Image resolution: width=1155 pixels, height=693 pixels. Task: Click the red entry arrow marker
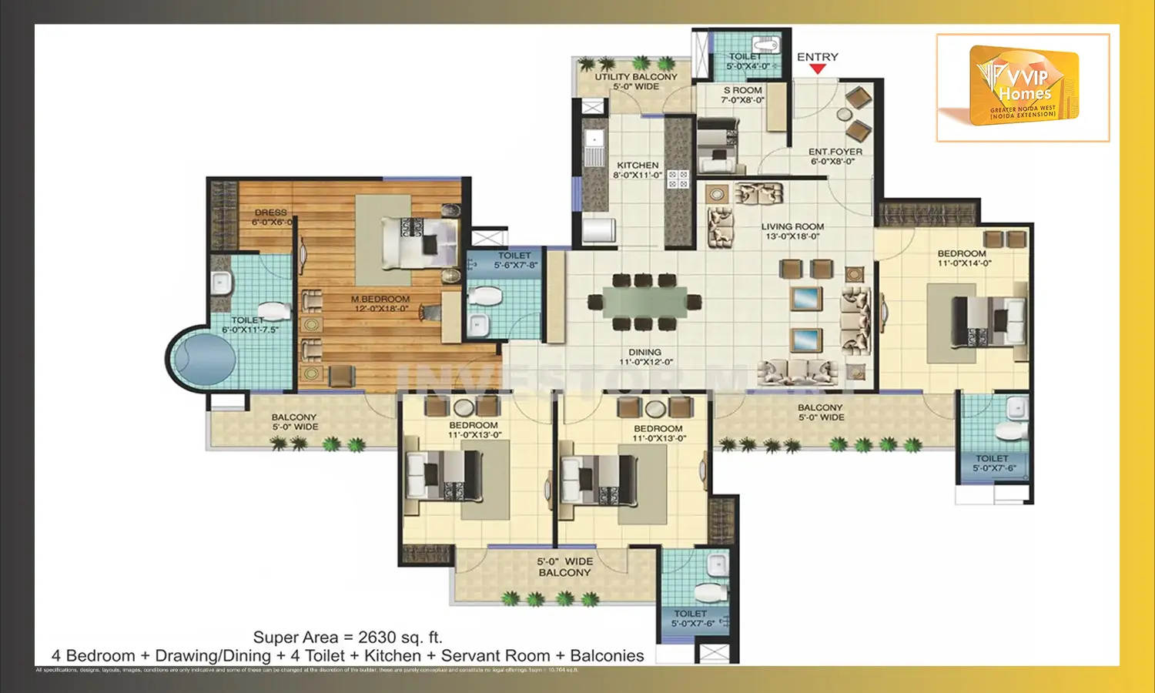(818, 69)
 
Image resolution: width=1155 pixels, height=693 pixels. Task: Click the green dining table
(644, 302)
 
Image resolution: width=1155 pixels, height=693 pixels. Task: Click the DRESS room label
(271, 213)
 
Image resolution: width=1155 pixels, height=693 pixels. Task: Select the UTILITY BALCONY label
(636, 77)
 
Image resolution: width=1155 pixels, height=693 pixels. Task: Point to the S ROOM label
(742, 90)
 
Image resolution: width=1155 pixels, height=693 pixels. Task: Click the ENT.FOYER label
(835, 152)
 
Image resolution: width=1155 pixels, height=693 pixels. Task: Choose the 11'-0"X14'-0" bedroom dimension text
(964, 263)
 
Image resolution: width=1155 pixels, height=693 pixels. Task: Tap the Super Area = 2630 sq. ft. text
(347, 638)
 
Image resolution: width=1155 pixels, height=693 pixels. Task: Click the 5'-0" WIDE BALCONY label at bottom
(564, 567)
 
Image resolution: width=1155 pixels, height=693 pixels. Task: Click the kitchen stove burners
(678, 179)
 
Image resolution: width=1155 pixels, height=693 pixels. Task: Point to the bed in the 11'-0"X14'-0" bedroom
(989, 321)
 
